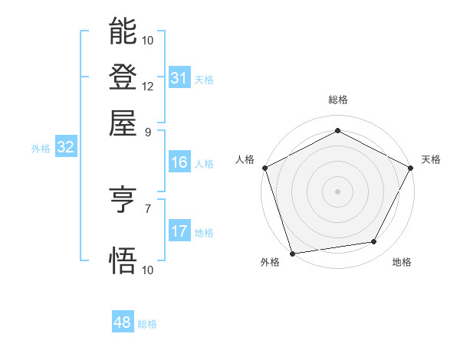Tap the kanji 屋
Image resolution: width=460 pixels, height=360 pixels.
[123, 123]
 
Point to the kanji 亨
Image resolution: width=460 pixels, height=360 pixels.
[123, 201]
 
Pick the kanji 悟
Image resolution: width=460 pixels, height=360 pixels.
[123, 260]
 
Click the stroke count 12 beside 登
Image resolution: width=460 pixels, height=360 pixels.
[148, 86]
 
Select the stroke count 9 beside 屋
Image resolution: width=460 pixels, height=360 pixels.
[148, 131]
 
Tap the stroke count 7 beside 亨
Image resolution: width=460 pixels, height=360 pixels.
[148, 208]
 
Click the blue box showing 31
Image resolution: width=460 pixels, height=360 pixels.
[179, 78]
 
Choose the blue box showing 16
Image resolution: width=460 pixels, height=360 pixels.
[179, 162]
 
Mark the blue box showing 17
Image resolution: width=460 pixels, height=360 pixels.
[179, 231]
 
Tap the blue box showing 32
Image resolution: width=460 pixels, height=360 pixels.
[65, 148]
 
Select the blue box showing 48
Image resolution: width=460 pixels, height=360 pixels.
[122, 323]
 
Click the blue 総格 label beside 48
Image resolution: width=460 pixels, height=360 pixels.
[147, 324]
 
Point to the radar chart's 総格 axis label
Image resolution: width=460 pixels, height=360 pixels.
[337, 100]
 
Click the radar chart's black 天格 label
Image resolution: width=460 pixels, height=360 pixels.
[431, 159]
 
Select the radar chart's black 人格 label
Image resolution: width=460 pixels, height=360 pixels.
[245, 159]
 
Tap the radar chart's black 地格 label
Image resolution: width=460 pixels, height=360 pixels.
[402, 263]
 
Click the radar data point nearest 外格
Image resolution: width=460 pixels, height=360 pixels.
[292, 253]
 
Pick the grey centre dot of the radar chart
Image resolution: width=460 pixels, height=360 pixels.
[337, 191]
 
